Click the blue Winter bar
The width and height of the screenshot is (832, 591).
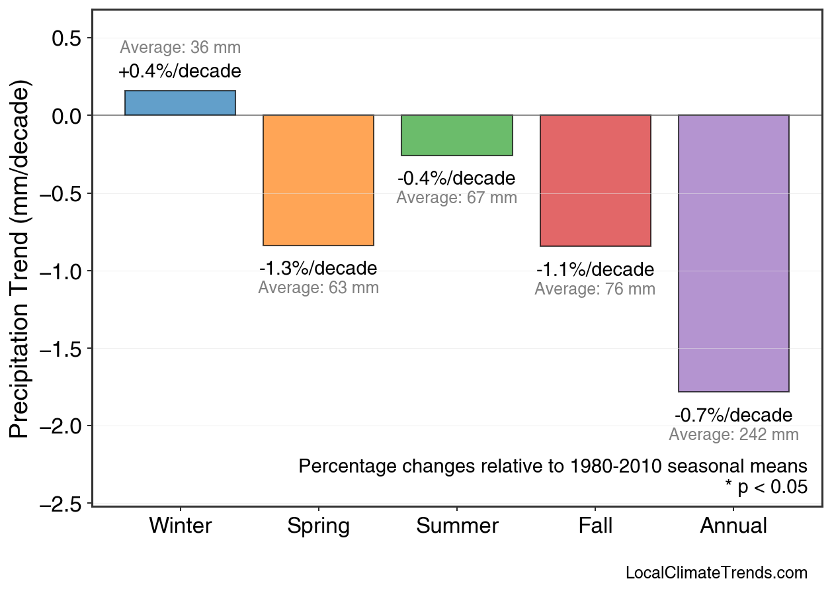pyautogui.click(x=180, y=103)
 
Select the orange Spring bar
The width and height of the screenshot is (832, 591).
pyautogui.click(x=318, y=180)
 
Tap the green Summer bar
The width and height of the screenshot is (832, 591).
pyautogui.click(x=457, y=136)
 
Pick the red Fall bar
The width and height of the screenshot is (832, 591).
pyautogui.click(x=595, y=181)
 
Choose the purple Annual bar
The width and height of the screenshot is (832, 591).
pyautogui.click(x=733, y=253)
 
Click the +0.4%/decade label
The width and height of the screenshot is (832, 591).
pyautogui.click(x=180, y=71)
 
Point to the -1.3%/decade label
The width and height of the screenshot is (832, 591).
pyautogui.click(x=318, y=269)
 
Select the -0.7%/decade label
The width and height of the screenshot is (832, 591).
pyautogui.click(x=733, y=416)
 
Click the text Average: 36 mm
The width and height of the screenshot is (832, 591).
pyautogui.click(x=180, y=48)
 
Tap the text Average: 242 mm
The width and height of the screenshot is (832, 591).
pyautogui.click(x=733, y=435)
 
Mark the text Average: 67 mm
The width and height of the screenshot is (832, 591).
pyautogui.click(x=457, y=198)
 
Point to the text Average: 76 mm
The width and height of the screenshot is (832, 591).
pyautogui.click(x=595, y=289)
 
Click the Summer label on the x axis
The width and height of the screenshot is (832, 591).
pyautogui.click(x=457, y=526)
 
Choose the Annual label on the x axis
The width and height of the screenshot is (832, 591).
pyautogui.click(x=733, y=526)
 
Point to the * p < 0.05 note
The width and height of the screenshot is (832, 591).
pyautogui.click(x=766, y=487)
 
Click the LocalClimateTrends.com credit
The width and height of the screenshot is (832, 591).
pyautogui.click(x=716, y=572)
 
